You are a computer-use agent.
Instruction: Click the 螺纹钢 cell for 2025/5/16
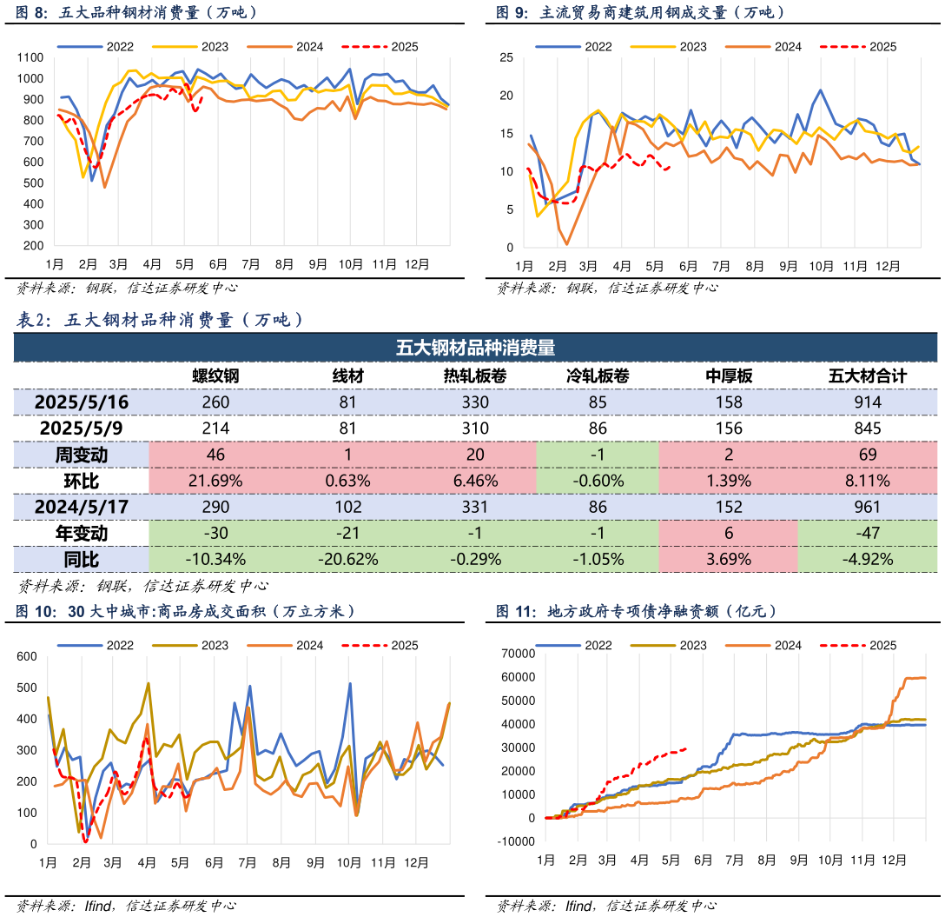(x=215, y=402)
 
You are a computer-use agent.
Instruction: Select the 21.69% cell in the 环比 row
(x=215, y=481)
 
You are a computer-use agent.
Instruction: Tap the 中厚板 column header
(x=728, y=375)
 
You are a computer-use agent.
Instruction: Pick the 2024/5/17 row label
(x=82, y=507)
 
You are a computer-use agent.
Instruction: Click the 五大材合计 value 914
(x=867, y=402)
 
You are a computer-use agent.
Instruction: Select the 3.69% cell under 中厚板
(x=728, y=560)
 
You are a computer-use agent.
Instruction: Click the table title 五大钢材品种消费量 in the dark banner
(x=475, y=348)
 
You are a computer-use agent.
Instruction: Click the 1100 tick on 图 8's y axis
(x=30, y=57)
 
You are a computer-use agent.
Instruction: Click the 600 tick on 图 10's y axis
(x=28, y=656)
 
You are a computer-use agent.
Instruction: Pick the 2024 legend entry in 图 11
(x=773, y=645)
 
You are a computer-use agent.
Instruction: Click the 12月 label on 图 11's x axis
(x=894, y=860)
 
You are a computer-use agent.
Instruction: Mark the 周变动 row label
(x=82, y=455)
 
